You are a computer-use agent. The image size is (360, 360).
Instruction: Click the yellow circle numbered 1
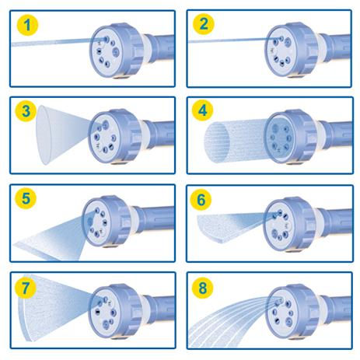27,25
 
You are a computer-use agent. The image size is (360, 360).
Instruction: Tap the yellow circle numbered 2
204,24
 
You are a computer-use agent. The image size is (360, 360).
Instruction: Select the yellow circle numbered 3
26,111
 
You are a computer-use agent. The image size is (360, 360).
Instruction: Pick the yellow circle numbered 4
202,110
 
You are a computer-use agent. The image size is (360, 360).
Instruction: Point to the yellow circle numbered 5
26,198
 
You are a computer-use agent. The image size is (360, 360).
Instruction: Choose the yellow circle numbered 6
201,199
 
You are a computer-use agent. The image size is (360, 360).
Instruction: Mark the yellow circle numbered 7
25,288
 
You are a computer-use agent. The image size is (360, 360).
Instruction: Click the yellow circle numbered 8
202,288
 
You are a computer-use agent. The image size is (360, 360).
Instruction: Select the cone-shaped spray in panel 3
67,135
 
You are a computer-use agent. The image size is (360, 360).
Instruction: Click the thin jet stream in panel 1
59,42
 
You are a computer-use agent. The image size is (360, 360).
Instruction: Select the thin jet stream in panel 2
235,40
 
